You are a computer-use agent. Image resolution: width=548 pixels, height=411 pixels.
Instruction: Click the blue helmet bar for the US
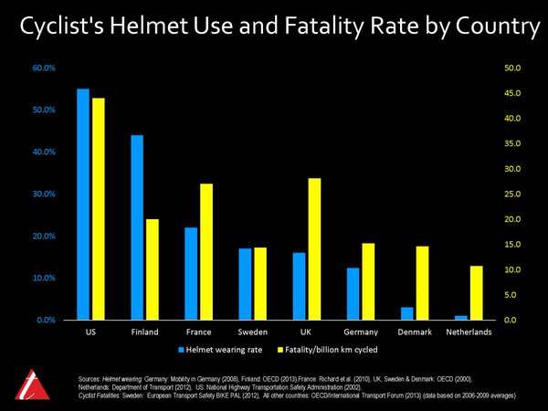(x=83, y=205)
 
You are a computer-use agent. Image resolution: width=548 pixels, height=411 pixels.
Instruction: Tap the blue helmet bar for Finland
(x=137, y=227)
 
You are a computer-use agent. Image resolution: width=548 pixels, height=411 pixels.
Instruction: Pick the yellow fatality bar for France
(x=205, y=252)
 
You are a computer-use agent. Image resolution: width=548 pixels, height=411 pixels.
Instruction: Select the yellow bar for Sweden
(x=260, y=283)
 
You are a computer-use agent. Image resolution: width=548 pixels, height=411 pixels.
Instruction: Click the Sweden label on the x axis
(x=253, y=332)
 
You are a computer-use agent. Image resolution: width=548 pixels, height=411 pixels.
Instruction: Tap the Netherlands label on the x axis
(x=468, y=332)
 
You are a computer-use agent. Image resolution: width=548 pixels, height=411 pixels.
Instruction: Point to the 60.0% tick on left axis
(x=44, y=68)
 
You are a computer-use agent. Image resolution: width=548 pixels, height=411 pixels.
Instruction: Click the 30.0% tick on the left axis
(x=44, y=195)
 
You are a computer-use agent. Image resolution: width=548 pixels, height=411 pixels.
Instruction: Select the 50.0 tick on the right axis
(x=512, y=68)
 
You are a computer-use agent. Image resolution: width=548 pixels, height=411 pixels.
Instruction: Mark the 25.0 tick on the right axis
(x=512, y=195)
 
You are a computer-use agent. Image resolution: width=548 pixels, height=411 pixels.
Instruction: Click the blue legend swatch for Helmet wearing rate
(x=182, y=349)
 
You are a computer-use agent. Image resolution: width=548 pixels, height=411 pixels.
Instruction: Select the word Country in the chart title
(x=488, y=28)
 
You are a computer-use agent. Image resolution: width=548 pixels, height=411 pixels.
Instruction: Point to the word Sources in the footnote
(x=90, y=376)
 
